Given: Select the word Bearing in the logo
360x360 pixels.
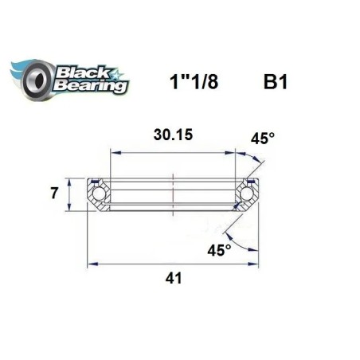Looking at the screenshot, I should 89,84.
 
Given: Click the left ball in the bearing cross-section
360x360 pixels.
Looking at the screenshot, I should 98,193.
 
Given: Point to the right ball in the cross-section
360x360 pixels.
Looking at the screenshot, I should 247,193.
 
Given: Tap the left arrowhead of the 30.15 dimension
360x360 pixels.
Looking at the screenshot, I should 113,152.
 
